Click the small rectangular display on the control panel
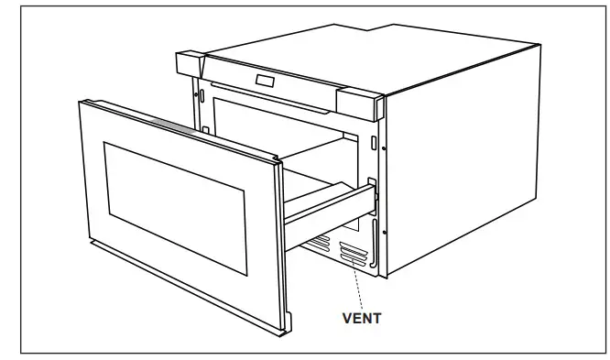click(267, 81)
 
